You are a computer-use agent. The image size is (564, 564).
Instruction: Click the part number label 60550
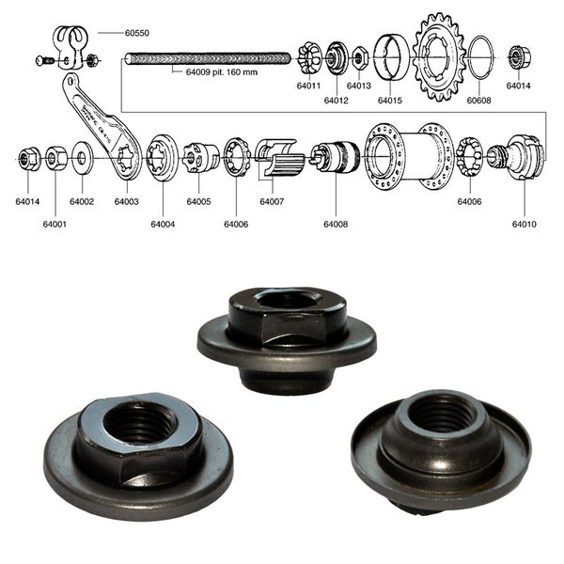tap(137, 32)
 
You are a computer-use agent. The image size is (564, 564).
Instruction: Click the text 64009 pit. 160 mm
tap(215, 70)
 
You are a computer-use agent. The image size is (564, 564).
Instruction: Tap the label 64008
tap(336, 224)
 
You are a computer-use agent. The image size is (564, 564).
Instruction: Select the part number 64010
tap(525, 224)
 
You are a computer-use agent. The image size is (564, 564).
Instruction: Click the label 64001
tap(54, 224)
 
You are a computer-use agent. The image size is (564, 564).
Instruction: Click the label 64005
tap(198, 201)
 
